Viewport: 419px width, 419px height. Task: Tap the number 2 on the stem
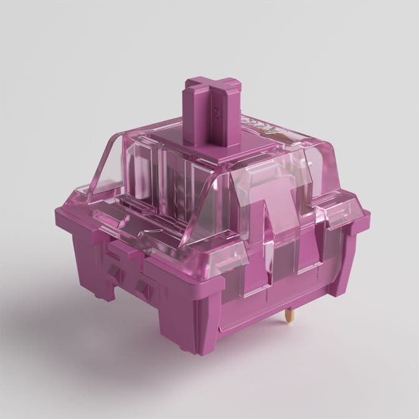[x=215, y=113]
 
